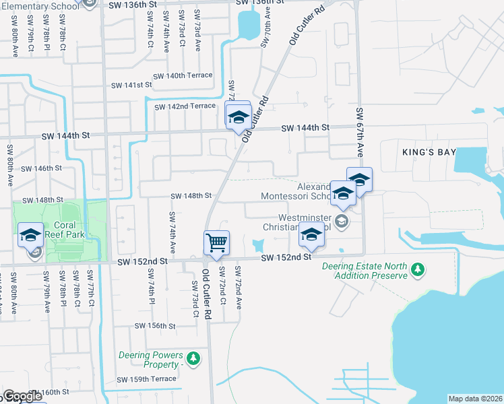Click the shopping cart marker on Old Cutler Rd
coord(216,242)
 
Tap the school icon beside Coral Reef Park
coord(30,234)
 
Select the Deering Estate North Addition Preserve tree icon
coord(418,269)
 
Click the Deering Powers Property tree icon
coord(193,358)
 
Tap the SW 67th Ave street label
coord(360,133)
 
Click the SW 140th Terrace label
coord(182,75)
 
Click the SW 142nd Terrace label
coord(185,106)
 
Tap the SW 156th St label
coord(155,325)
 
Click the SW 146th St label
coord(42,168)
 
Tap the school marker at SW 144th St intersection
coord(238,117)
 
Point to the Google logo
coord(22,397)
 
